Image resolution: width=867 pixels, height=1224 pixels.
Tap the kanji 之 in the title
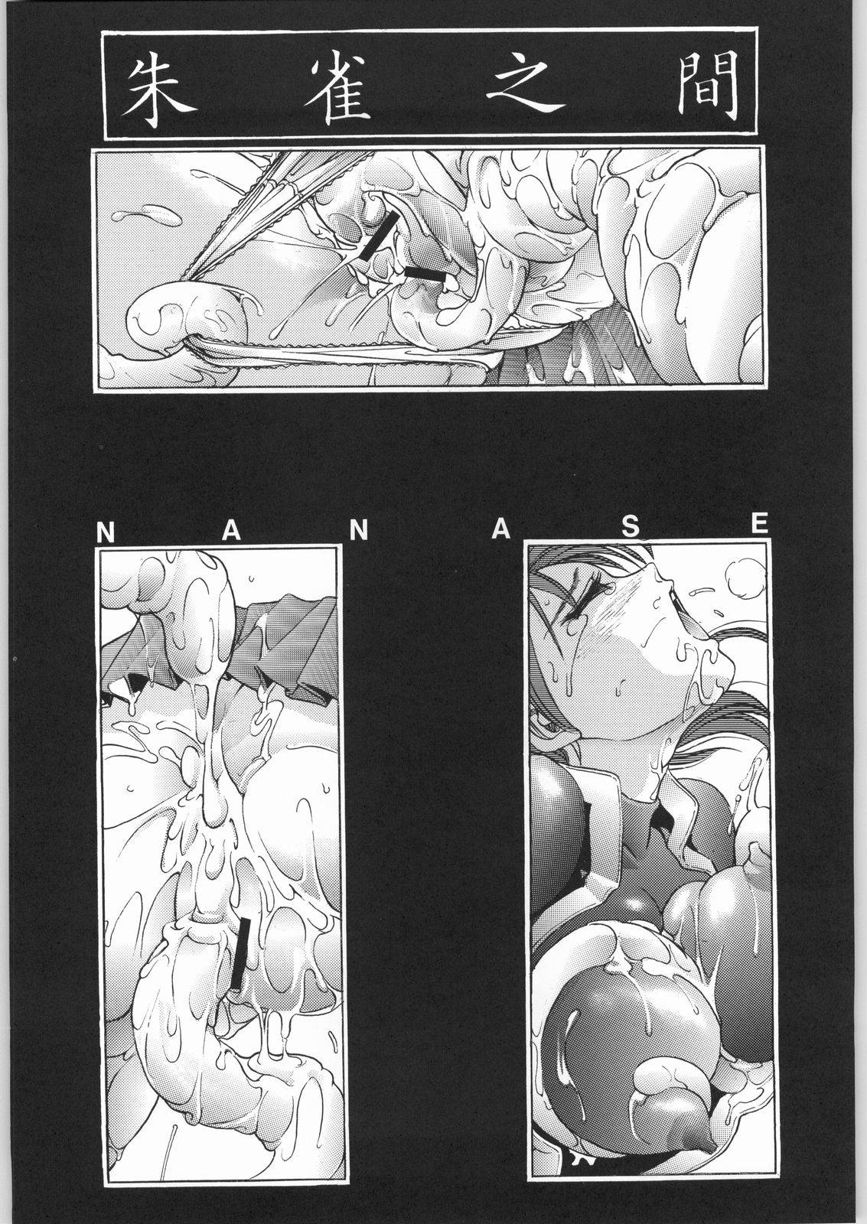point(518,86)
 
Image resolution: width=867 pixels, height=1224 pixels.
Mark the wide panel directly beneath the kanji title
point(429,269)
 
